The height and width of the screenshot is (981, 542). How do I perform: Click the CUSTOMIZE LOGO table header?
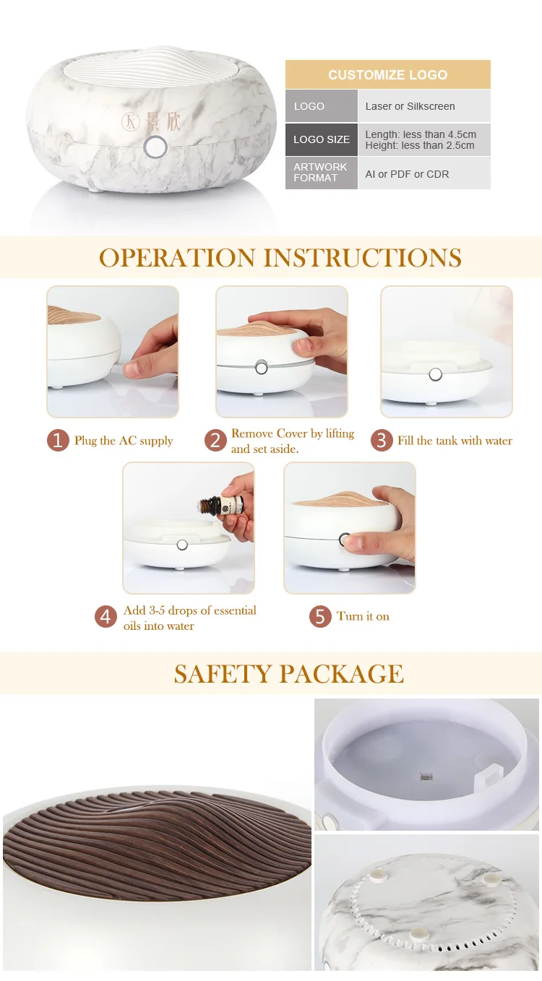pyautogui.click(x=387, y=75)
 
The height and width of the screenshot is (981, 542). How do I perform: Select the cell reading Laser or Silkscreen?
pyautogui.click(x=410, y=106)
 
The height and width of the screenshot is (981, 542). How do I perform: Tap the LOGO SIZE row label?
pyautogui.click(x=321, y=139)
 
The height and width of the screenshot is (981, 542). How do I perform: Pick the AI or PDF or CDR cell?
pyautogui.click(x=407, y=174)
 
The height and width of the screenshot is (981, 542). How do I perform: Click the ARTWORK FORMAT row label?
pyautogui.click(x=320, y=172)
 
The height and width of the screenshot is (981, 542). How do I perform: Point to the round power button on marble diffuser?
pyautogui.click(x=155, y=147)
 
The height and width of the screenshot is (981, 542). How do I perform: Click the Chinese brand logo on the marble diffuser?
pyautogui.click(x=150, y=121)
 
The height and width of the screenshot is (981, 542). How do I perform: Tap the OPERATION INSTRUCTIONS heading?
pyautogui.click(x=280, y=258)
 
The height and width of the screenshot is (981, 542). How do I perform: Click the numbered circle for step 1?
pyautogui.click(x=58, y=441)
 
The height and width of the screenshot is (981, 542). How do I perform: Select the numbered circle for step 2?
pyautogui.click(x=215, y=441)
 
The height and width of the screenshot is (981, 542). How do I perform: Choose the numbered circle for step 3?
pyautogui.click(x=382, y=441)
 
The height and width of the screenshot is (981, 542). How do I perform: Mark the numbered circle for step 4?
pyautogui.click(x=106, y=617)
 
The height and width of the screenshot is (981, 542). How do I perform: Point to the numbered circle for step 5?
pyautogui.click(x=320, y=616)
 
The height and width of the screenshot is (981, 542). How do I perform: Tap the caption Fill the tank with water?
pyautogui.click(x=455, y=441)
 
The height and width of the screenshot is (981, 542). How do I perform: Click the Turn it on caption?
pyautogui.click(x=363, y=616)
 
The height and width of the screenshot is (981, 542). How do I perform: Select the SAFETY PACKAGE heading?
pyautogui.click(x=288, y=674)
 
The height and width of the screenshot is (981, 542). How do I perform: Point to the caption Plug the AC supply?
pyautogui.click(x=124, y=441)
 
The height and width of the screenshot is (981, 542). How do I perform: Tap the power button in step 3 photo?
pyautogui.click(x=435, y=374)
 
